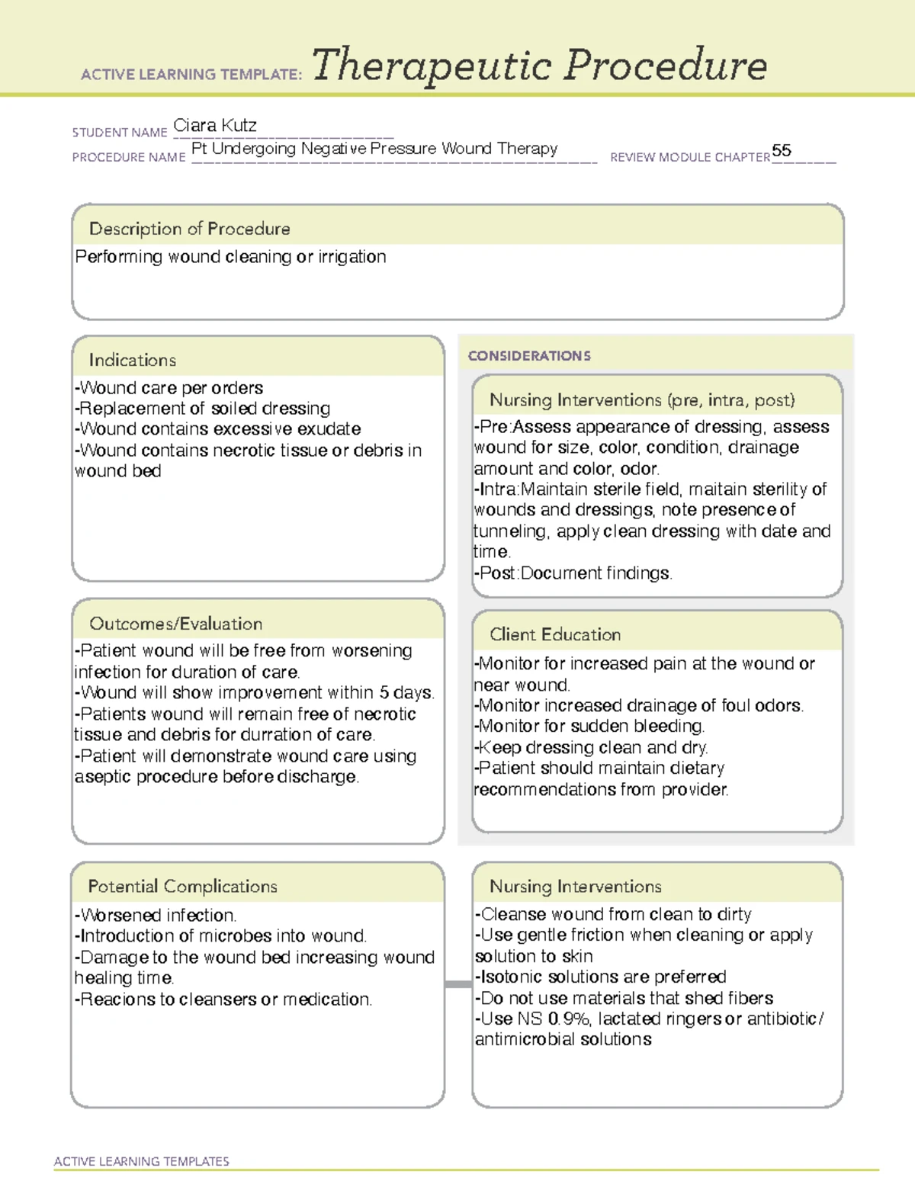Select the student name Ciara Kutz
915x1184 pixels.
[x=215, y=125]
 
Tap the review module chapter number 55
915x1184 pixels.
[x=782, y=150]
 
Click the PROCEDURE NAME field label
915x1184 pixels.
[x=129, y=157]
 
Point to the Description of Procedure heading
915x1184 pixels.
[x=189, y=229]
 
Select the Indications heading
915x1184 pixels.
[x=132, y=360]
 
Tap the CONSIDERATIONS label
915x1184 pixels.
[x=529, y=356]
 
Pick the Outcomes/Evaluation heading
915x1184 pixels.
[x=175, y=624]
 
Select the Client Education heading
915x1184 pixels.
[x=555, y=634]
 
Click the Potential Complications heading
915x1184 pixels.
[x=182, y=887]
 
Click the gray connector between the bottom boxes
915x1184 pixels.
[x=458, y=984]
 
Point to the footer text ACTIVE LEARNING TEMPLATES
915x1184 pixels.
[x=141, y=1161]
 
